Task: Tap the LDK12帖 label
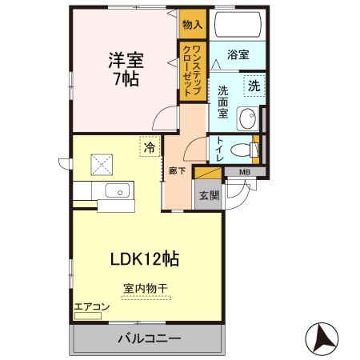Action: click(x=143, y=258)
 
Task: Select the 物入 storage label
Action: click(x=192, y=24)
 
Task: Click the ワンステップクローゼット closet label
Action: click(x=192, y=69)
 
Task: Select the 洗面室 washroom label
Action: click(x=225, y=102)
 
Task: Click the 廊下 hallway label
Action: click(x=173, y=170)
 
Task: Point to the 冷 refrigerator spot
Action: click(x=148, y=147)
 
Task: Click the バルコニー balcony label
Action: click(x=148, y=338)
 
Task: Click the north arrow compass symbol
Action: click(x=323, y=339)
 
